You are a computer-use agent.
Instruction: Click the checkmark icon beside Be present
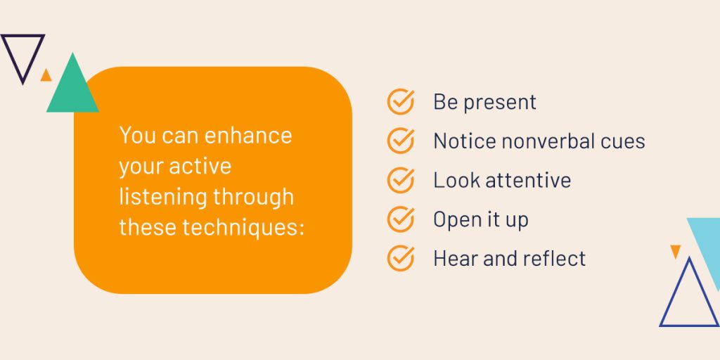point(400,101)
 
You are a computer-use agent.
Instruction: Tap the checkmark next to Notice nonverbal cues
point(400,141)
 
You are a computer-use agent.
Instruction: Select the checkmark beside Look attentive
point(400,180)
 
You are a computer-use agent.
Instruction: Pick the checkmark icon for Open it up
point(400,219)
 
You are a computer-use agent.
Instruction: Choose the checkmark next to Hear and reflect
point(400,258)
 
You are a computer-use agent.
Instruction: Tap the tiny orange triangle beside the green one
point(46,76)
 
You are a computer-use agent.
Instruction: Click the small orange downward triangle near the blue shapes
point(676,251)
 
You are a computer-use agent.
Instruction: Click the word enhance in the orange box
point(248,136)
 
